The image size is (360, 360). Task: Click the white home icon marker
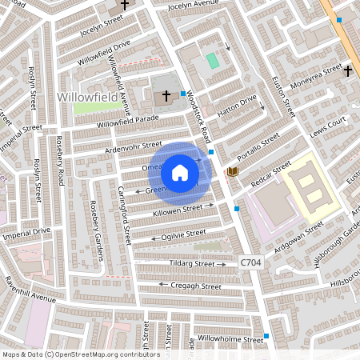[180, 173]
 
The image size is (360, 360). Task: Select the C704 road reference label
[251, 262]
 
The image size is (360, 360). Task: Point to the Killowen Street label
[178, 210]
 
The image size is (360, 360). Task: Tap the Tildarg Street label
[192, 263]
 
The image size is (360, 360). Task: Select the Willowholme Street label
[230, 339]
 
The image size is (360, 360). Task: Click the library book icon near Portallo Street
[232, 172]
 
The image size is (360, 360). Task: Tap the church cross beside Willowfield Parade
[166, 96]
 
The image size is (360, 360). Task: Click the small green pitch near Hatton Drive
[212, 61]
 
